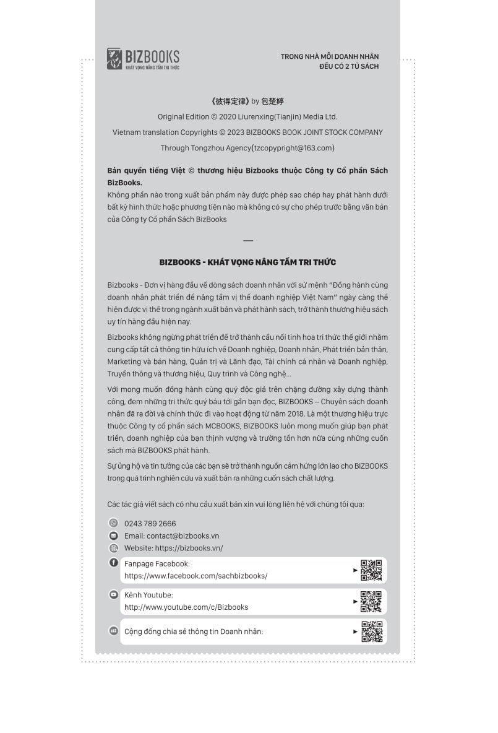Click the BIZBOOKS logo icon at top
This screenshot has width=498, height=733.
coord(114,59)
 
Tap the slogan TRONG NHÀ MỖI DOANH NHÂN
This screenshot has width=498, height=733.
coord(330,56)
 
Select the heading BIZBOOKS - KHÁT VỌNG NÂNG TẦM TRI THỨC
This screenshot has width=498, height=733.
coord(247,262)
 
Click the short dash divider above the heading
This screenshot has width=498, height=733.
coord(248,240)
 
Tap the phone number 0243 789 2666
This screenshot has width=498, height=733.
coord(150,524)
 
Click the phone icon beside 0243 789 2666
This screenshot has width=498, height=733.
coord(113,523)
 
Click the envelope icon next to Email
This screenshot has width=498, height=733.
coord(113,536)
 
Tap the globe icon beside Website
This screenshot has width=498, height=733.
coord(113,548)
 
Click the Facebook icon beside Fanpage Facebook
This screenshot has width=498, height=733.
coord(113,563)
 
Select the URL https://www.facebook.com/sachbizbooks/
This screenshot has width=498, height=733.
coord(195,576)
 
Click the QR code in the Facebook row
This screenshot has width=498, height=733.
coord(371,570)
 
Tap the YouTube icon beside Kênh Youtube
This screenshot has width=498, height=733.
coord(113,594)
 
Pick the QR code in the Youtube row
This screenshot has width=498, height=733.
coord(371,601)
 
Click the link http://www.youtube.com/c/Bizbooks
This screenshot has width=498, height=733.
coord(186,607)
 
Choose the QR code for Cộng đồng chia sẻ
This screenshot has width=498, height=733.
coord(371,631)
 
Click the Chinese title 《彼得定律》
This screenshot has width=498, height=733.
coord(230,101)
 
